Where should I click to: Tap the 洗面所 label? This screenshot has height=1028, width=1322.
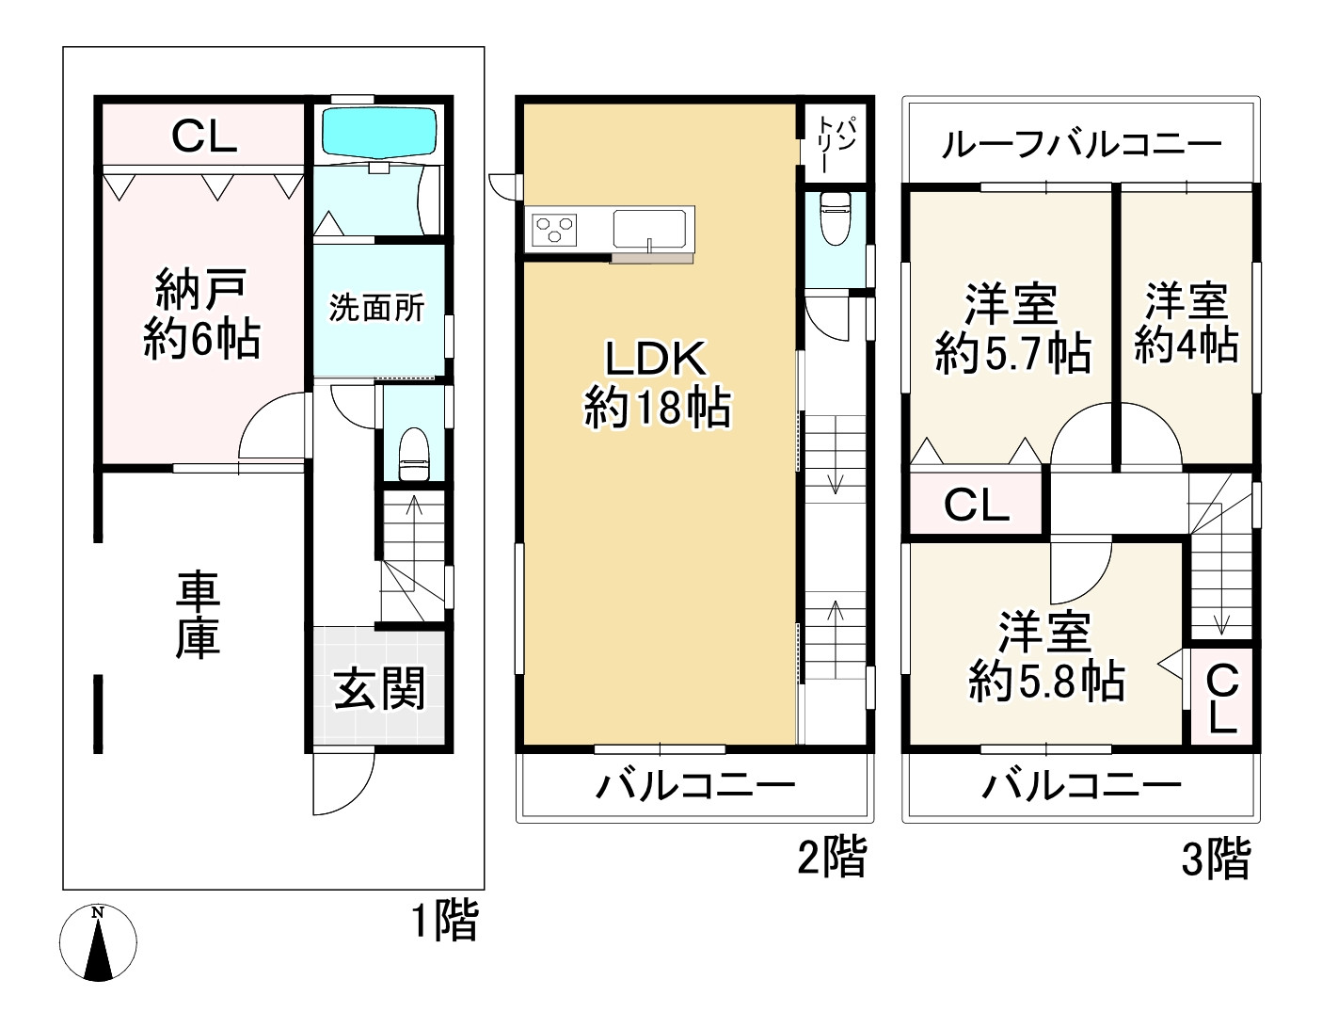[x=376, y=308]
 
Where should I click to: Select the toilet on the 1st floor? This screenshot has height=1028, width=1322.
[x=414, y=454]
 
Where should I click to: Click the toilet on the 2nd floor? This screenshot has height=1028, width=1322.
[x=836, y=217]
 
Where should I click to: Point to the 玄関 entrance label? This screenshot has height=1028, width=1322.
[x=379, y=688]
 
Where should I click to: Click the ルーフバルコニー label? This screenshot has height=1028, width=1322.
[x=1081, y=145]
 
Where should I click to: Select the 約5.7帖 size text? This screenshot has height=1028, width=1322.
[x=1013, y=353]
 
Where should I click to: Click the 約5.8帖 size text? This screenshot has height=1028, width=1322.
[x=1046, y=681]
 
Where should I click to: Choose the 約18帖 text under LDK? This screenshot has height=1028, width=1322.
[x=658, y=408]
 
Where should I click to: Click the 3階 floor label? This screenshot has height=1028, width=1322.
[x=1216, y=859]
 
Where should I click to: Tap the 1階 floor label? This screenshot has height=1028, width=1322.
[x=445, y=920]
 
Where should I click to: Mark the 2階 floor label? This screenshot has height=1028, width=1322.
[x=832, y=857]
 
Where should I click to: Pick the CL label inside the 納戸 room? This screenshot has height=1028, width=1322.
[x=204, y=137]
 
